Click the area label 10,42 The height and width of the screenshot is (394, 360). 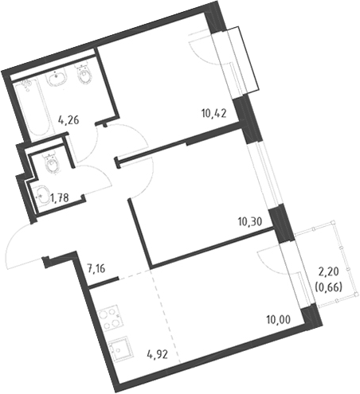pos(213,114)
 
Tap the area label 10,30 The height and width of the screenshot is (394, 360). pos(250,221)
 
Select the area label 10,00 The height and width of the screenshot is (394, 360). pos(279,319)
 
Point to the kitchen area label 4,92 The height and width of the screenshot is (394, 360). pos(158,354)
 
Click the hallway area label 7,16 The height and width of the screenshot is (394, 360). pos(96,268)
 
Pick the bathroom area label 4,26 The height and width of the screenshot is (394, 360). pos(68,120)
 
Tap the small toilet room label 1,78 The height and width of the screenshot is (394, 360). pos(60,197)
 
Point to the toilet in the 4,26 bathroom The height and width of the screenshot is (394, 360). pos(84,74)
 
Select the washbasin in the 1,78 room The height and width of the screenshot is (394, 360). pos(42,196)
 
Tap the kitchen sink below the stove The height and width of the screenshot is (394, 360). pos(118,350)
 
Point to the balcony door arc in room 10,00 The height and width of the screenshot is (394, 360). pos(268,262)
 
